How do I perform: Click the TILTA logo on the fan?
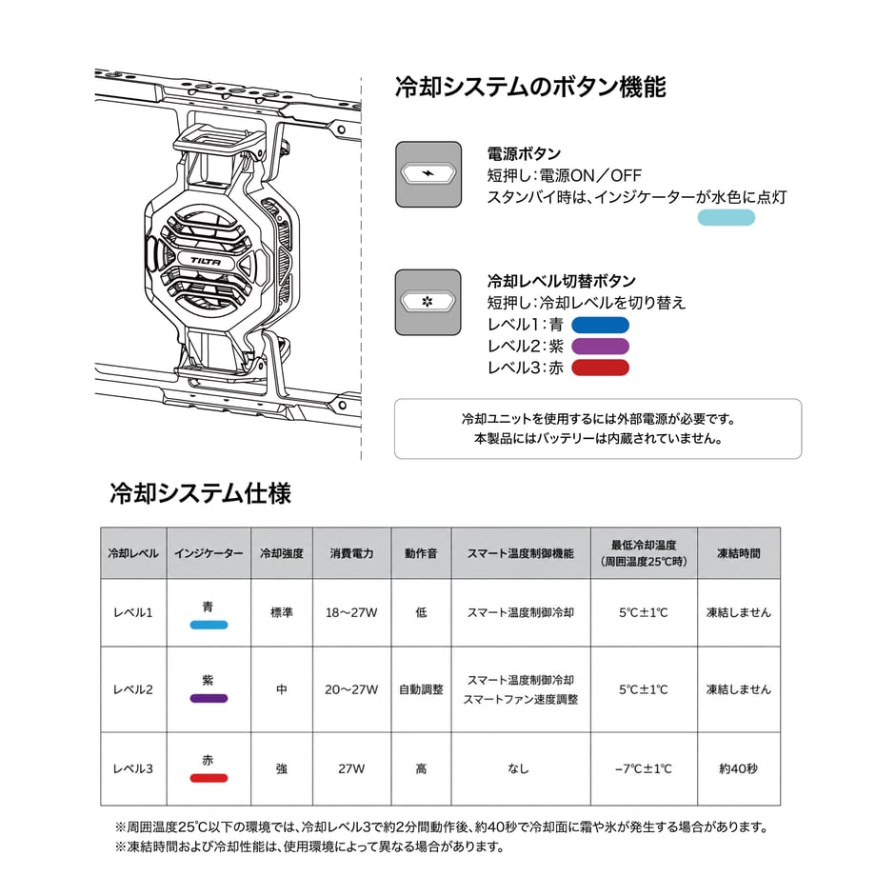[x=206, y=260]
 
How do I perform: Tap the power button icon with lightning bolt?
[x=428, y=173]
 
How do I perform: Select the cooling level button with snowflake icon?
[x=428, y=302]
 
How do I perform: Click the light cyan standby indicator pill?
[x=727, y=217]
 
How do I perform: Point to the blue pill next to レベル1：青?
[x=600, y=325]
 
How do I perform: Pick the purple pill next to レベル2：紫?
[x=600, y=347]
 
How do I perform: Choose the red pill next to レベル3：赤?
[x=600, y=368]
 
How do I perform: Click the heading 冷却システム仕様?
[x=200, y=493]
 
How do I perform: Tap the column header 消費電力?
[x=351, y=553]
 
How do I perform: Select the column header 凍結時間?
[x=739, y=553]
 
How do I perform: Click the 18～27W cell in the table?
[x=351, y=612]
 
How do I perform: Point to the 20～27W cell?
[x=351, y=689]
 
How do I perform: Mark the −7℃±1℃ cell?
[x=644, y=768]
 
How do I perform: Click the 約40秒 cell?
[x=739, y=768]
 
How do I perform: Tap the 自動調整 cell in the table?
[x=421, y=689]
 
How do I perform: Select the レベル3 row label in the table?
[x=133, y=768]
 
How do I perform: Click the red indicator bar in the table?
[x=209, y=778]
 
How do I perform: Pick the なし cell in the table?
[x=518, y=768]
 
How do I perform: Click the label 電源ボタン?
[x=524, y=153]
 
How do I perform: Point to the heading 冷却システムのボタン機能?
[x=530, y=88]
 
